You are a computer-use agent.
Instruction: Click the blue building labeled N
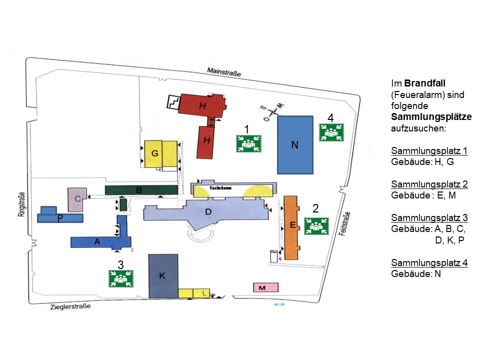(295, 144)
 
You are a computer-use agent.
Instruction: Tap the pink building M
(265, 287)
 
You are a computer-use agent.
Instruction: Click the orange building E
(291, 227)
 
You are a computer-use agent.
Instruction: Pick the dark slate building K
(163, 276)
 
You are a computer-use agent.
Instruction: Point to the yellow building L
(204, 293)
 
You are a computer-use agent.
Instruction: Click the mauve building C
(77, 199)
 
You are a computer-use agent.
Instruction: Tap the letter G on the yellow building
(155, 153)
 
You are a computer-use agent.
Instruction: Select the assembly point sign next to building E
(316, 226)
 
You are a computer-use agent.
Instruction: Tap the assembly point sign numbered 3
(120, 278)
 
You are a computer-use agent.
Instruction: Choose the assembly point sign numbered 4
(330, 132)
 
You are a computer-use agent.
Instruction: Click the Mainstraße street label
(224, 73)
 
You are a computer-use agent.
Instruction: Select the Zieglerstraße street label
(70, 306)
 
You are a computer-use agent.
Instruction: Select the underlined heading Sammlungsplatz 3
(429, 217)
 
